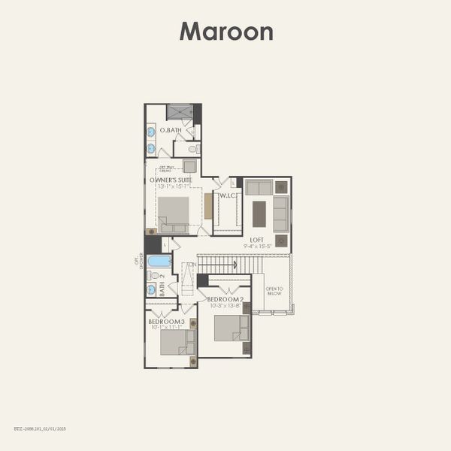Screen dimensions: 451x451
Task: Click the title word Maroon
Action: pyautogui.click(x=225, y=32)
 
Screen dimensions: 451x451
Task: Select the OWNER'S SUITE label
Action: pyautogui.click(x=171, y=180)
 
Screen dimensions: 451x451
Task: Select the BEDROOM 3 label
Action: pyautogui.click(x=166, y=321)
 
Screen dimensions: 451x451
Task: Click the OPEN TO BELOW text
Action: pyautogui.click(x=274, y=292)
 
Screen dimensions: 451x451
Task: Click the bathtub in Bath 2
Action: pyautogui.click(x=159, y=261)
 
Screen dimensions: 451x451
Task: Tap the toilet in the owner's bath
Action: pyautogui.click(x=192, y=149)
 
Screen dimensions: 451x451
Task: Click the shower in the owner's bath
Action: pyautogui.click(x=180, y=112)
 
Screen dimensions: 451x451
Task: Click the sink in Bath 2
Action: pyautogui.click(x=151, y=289)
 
